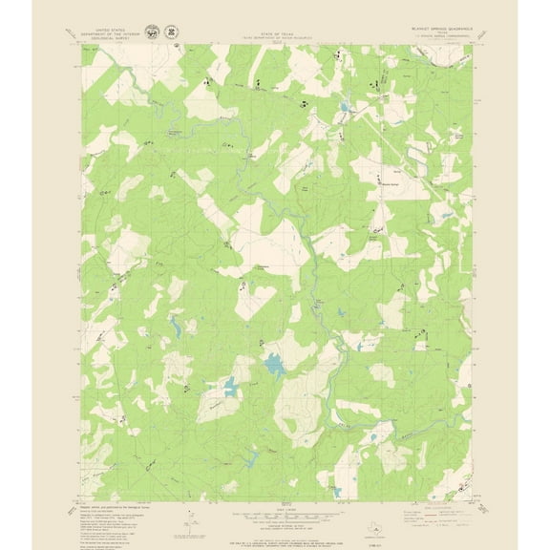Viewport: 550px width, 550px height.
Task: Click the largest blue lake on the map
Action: coord(273,364)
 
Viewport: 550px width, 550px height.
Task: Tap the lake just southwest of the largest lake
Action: coord(229,386)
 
